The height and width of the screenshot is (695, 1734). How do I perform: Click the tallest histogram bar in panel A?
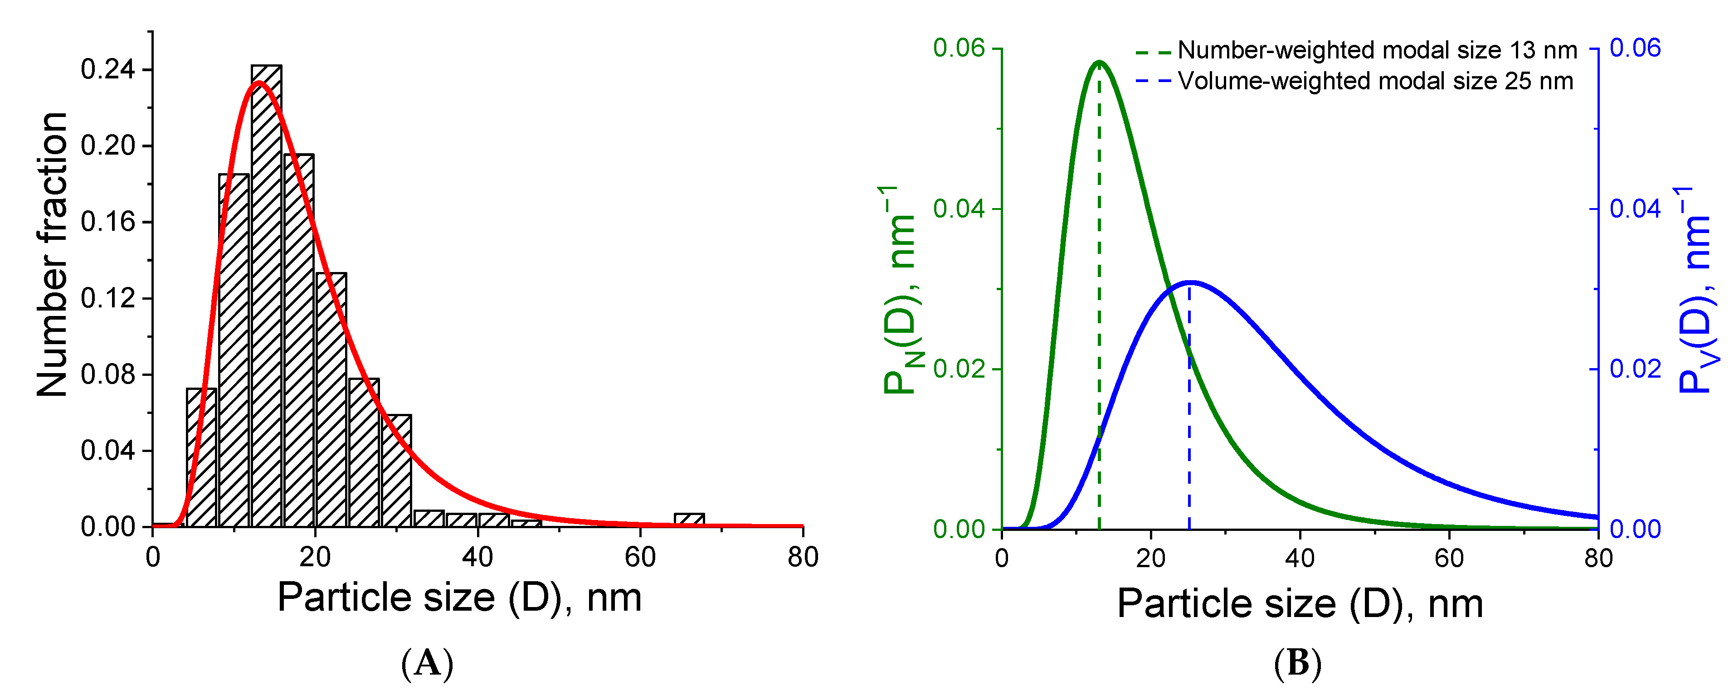coord(267,296)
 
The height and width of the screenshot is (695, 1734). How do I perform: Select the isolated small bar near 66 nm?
coord(689,520)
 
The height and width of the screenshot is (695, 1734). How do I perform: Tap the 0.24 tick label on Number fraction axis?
coord(108,69)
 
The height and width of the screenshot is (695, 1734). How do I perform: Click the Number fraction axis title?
coord(53,256)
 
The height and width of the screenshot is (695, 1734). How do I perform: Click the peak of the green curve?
coord(1099,62)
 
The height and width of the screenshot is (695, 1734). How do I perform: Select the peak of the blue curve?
coord(1190,282)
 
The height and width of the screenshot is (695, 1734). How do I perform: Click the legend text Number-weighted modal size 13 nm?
coord(1377,50)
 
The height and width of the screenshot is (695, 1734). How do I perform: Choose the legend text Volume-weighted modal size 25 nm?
coord(1375,82)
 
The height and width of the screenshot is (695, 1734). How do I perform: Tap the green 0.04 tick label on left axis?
coord(959,209)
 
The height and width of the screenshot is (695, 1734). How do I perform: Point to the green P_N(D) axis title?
coord(901,289)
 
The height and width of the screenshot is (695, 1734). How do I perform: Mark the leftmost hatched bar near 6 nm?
coord(201,457)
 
